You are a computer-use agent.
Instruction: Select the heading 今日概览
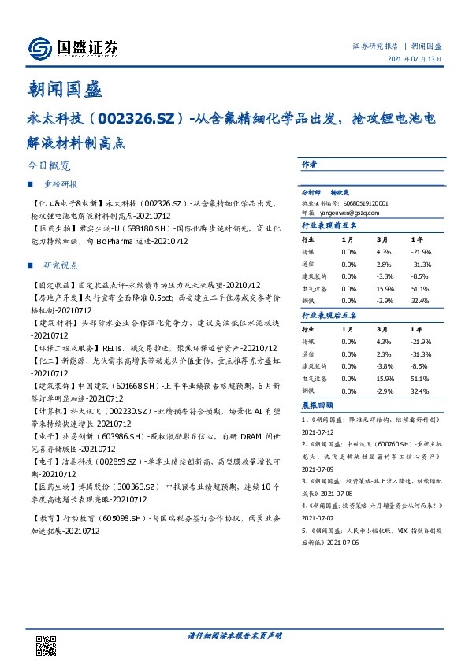pyautogui.click(x=49, y=167)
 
